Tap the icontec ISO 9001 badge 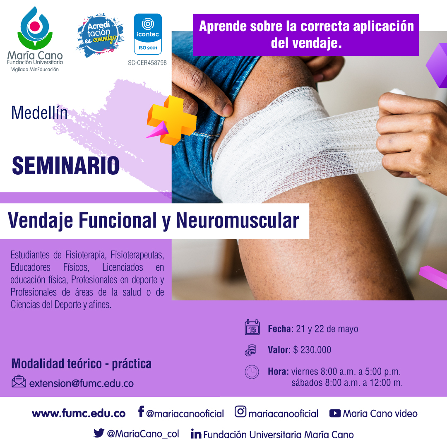pyautogui.click(x=148, y=34)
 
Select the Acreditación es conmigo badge pyautogui.click(x=100, y=35)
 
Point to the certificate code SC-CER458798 pyautogui.click(x=147, y=63)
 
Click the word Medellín pyautogui.click(x=39, y=113)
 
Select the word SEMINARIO pyautogui.click(x=65, y=166)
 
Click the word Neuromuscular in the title pyautogui.click(x=238, y=220)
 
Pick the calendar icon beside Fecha pyautogui.click(x=252, y=327)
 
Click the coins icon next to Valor pyautogui.click(x=250, y=351)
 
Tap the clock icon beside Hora pyautogui.click(x=252, y=372)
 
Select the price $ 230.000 pyautogui.click(x=312, y=350)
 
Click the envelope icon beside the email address pyautogui.click(x=19, y=382)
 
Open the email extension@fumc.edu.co pyautogui.click(x=81, y=383)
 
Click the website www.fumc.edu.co pyautogui.click(x=79, y=413)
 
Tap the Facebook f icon pyautogui.click(x=141, y=411)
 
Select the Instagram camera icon pyautogui.click(x=240, y=411)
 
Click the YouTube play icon pyautogui.click(x=335, y=413)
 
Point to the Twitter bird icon pyautogui.click(x=99, y=433)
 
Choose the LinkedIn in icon pyautogui.click(x=196, y=434)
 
